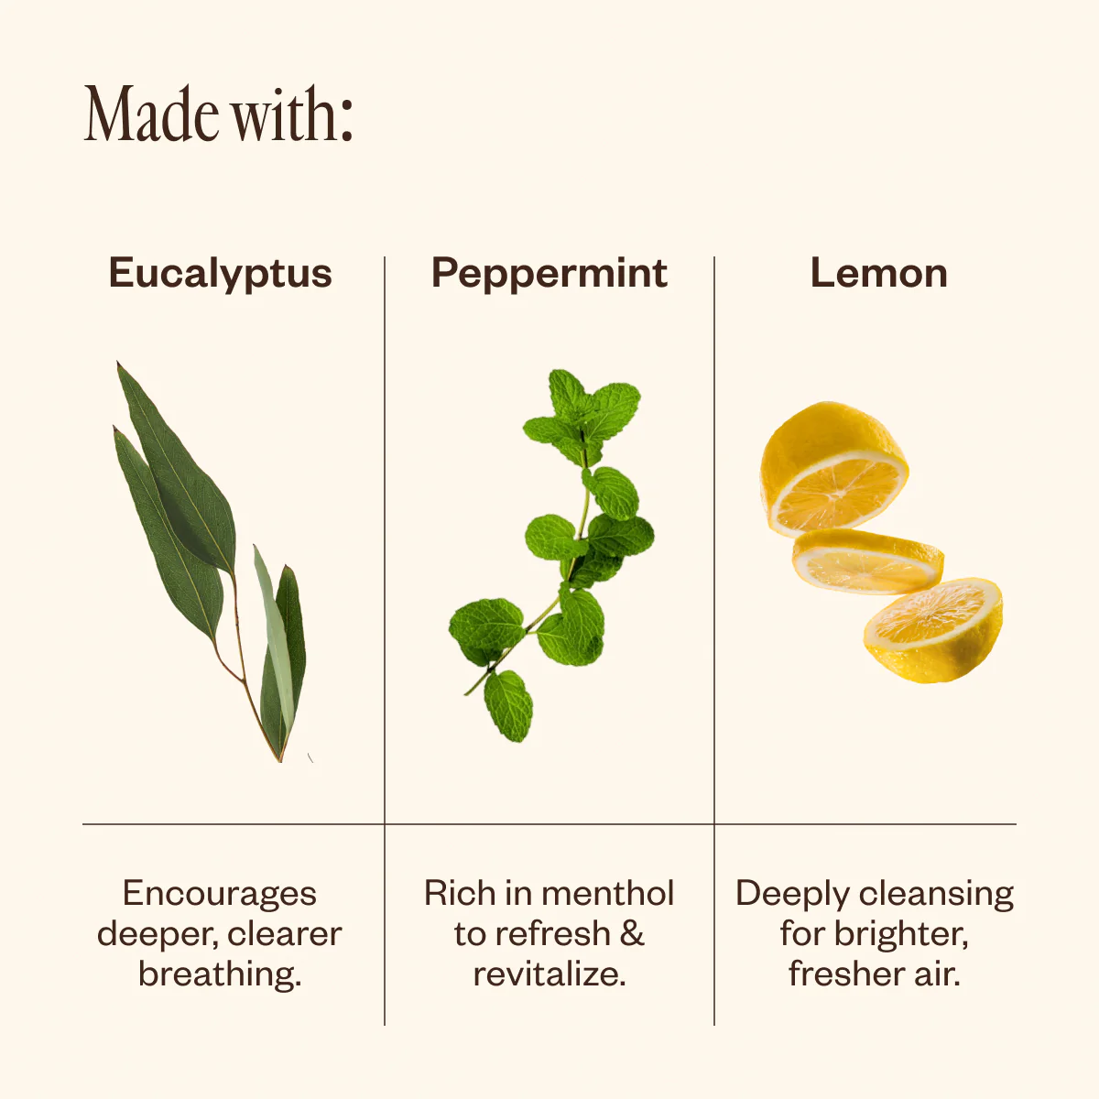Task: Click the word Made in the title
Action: [152, 114]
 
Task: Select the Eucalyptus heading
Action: [221, 275]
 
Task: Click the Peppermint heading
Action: [549, 275]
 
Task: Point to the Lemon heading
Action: [879, 273]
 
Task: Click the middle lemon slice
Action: [867, 561]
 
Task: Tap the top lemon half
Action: [833, 469]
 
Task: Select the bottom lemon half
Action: [933, 630]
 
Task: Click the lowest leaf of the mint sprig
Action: [508, 706]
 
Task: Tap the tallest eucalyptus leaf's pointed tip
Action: [118, 363]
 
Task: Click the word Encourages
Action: [220, 893]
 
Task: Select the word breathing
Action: [220, 974]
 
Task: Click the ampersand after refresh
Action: [631, 933]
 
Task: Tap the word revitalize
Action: [549, 974]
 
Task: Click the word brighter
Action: [902, 933]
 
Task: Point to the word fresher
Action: [847, 974]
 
